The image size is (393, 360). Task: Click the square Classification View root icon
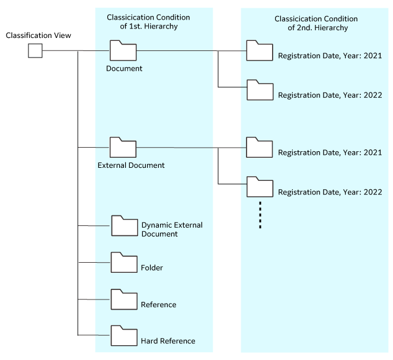click(35, 51)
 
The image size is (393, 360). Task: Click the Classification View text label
click(39, 36)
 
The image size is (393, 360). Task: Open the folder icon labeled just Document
click(123, 51)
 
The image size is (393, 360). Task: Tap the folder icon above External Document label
click(123, 147)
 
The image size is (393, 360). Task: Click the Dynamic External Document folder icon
click(124, 226)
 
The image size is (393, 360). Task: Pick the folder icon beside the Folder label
click(124, 262)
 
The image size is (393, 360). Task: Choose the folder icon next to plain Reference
click(124, 299)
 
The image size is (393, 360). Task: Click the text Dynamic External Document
click(171, 230)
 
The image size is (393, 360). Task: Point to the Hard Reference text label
click(168, 341)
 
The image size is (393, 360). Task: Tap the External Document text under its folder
click(131, 165)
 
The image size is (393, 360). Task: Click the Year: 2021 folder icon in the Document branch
click(259, 51)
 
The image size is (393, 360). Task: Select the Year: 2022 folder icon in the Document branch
click(259, 89)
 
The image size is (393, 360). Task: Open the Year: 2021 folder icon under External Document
click(259, 147)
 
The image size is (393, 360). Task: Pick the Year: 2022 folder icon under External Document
click(259, 186)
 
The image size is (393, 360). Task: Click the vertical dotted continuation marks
click(260, 215)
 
